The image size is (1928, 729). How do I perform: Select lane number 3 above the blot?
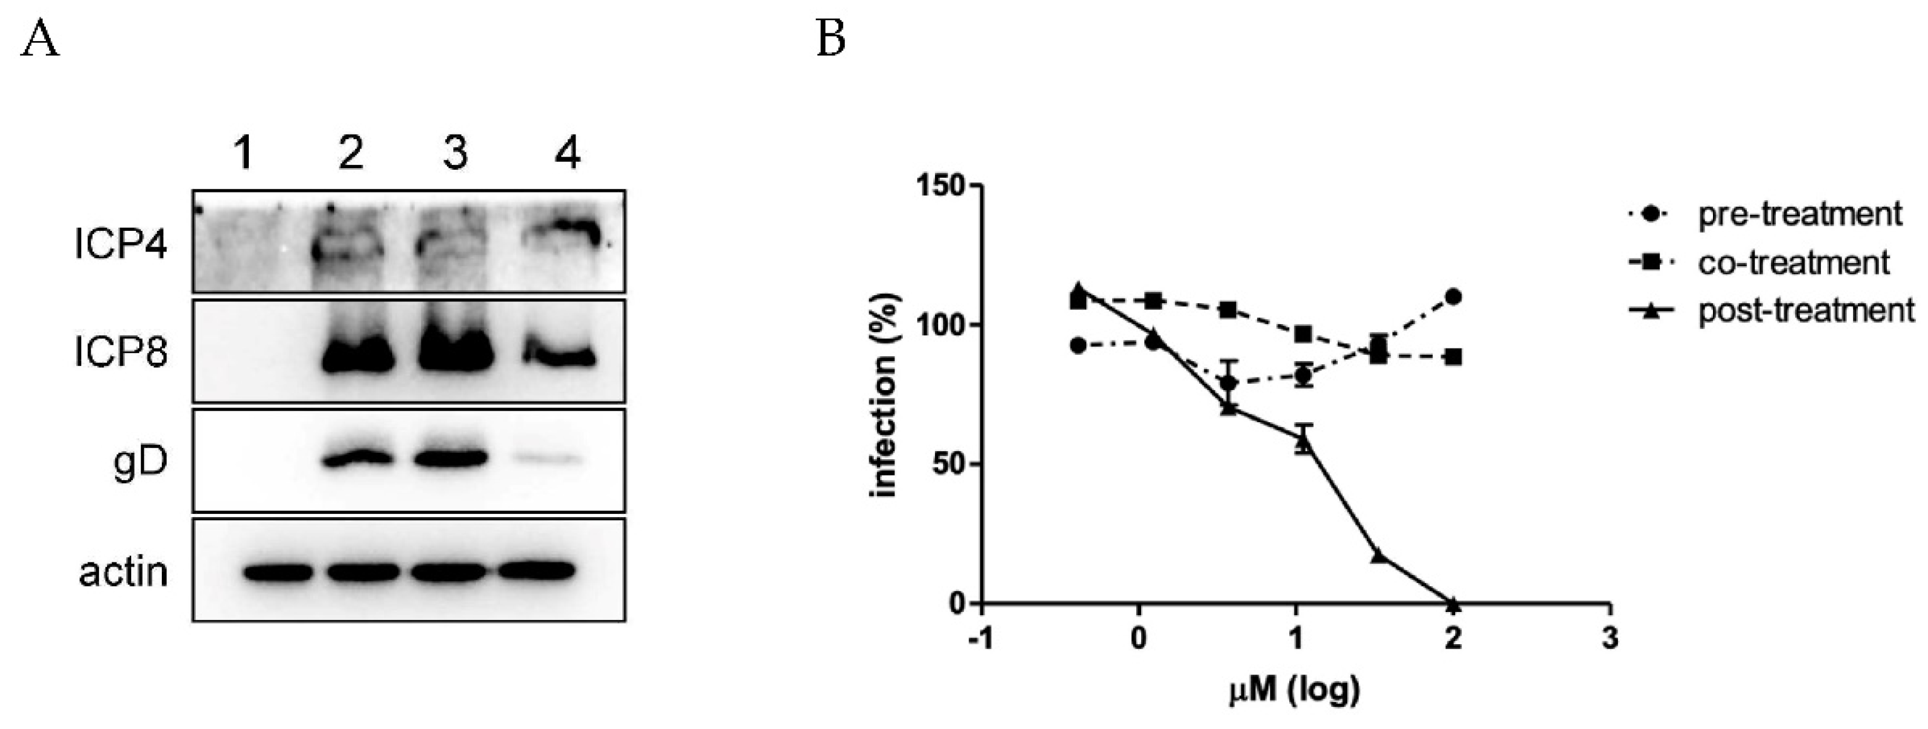[454, 155]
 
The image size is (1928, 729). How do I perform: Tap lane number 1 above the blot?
[244, 155]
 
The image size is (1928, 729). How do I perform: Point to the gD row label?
[140, 463]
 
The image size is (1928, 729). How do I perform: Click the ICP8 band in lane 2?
[357, 358]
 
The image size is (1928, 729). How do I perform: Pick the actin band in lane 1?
[278, 572]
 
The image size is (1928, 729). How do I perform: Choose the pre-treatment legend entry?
[1796, 214]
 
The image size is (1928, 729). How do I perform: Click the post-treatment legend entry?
[1804, 310]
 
